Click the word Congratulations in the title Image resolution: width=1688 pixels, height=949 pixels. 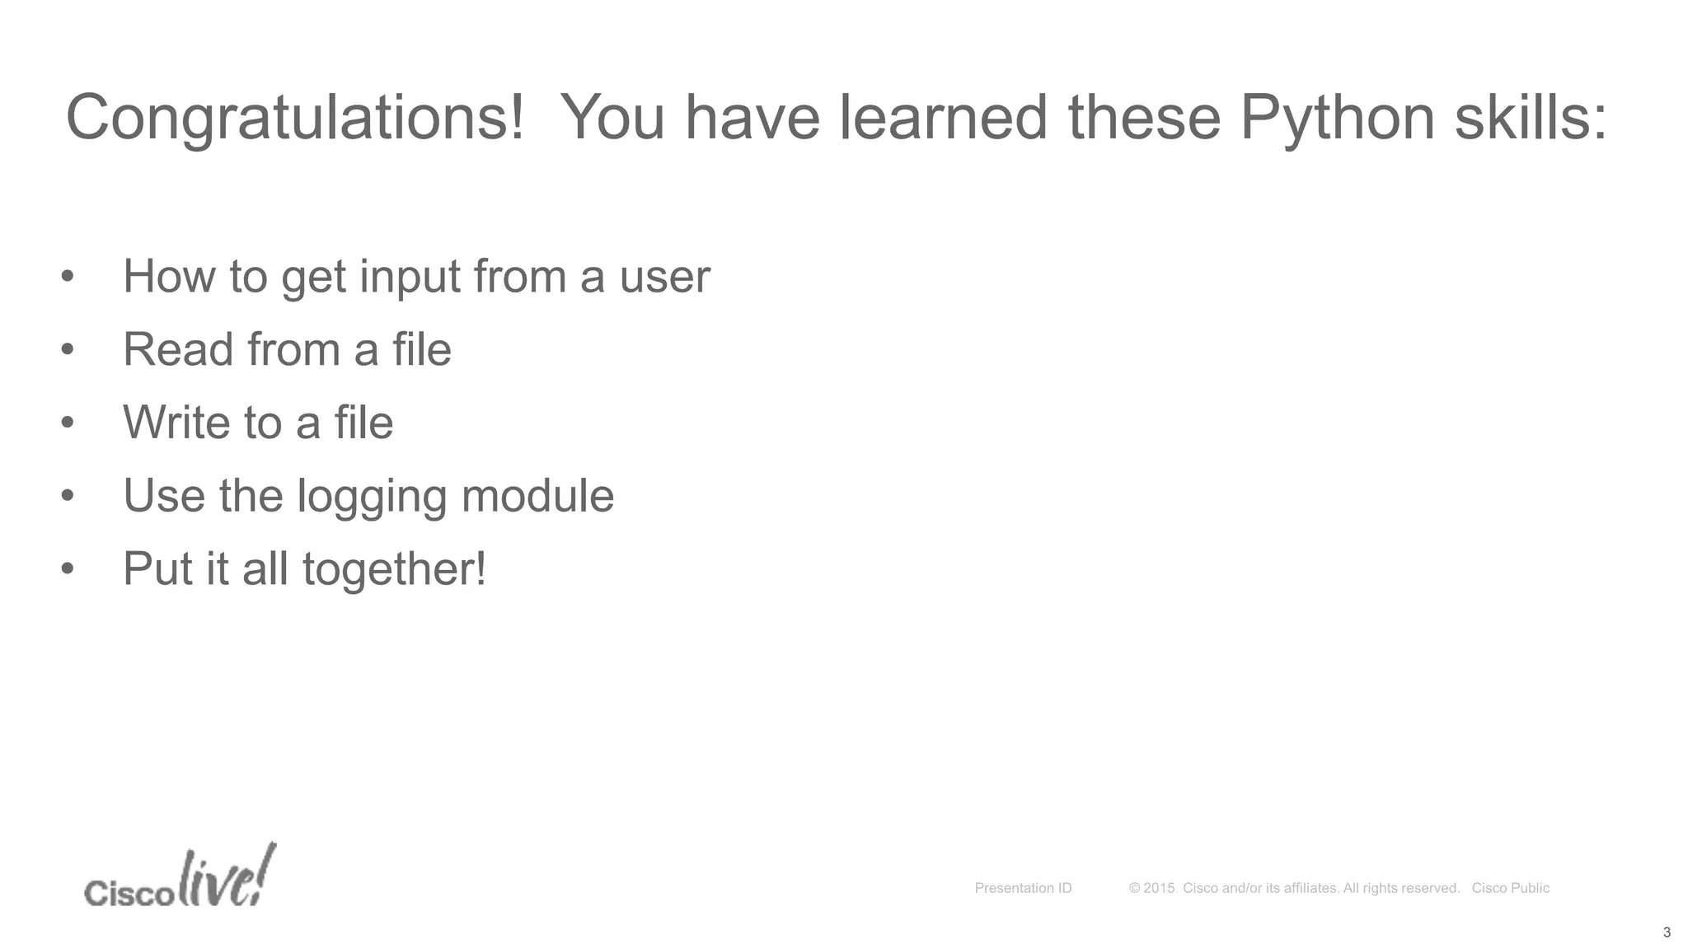[x=294, y=118]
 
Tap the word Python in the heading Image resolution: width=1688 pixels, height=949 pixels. [x=1337, y=118]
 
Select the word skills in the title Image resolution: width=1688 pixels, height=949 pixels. [x=1531, y=118]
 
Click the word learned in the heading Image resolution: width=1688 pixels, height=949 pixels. [x=943, y=118]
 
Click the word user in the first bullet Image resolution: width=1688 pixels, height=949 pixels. [x=664, y=277]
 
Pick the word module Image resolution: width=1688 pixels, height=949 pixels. [x=537, y=496]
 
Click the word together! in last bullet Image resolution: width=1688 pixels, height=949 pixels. [x=394, y=570]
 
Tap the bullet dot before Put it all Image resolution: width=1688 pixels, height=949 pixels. [x=68, y=569]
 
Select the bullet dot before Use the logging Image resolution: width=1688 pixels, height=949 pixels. [x=68, y=496]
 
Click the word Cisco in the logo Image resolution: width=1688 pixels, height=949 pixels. [x=129, y=893]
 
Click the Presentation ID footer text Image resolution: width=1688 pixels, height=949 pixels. [x=1023, y=888]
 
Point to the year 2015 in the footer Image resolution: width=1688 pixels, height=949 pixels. [x=1159, y=888]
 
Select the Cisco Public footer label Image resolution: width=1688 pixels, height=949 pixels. [x=1510, y=888]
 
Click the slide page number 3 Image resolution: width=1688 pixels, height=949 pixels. [x=1667, y=933]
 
